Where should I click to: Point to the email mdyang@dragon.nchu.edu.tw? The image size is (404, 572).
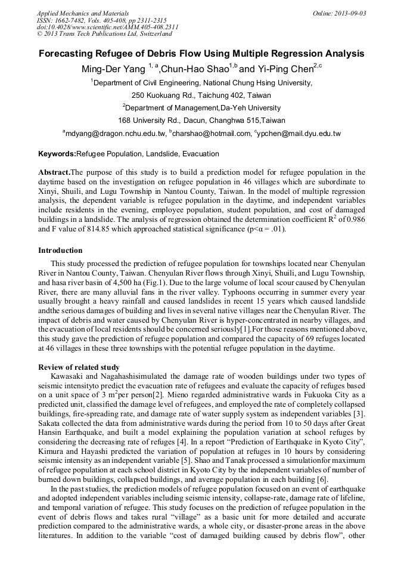pyautogui.click(x=116, y=134)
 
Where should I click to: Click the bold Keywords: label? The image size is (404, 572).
pyautogui.click(x=57, y=154)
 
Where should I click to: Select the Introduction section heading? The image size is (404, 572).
pyautogui.click(x=60, y=250)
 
